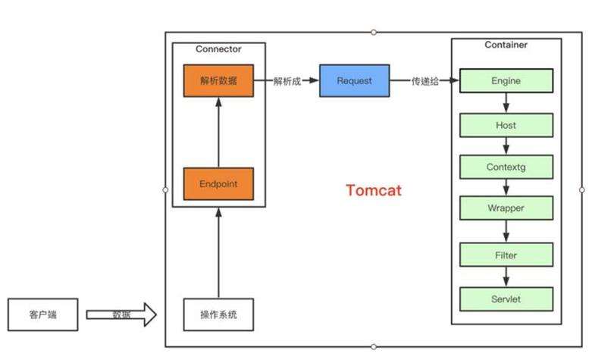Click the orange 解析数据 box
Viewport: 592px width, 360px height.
[x=218, y=81]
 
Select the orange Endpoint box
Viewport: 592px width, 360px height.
[x=218, y=183]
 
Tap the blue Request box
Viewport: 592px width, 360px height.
[x=354, y=81]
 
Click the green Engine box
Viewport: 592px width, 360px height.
[x=506, y=80]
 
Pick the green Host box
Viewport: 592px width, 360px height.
[x=506, y=125]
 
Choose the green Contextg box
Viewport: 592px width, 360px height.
[x=506, y=167]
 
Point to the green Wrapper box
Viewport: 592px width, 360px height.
[x=506, y=208]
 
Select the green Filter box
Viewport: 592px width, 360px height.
[x=506, y=255]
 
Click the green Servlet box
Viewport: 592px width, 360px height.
[x=506, y=299]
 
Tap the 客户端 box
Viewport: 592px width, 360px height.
[x=43, y=315]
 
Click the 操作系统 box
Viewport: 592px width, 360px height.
[x=218, y=315]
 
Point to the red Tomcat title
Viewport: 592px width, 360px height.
[x=374, y=190]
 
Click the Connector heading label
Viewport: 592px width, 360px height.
[x=218, y=49]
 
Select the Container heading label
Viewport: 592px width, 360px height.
[x=506, y=45]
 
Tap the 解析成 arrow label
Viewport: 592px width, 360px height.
[x=287, y=81]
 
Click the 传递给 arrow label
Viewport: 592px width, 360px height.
[x=425, y=81]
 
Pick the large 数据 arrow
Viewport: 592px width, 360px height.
[x=121, y=315]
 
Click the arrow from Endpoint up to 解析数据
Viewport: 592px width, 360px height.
[x=218, y=132]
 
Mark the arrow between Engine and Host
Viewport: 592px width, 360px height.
[x=506, y=103]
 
